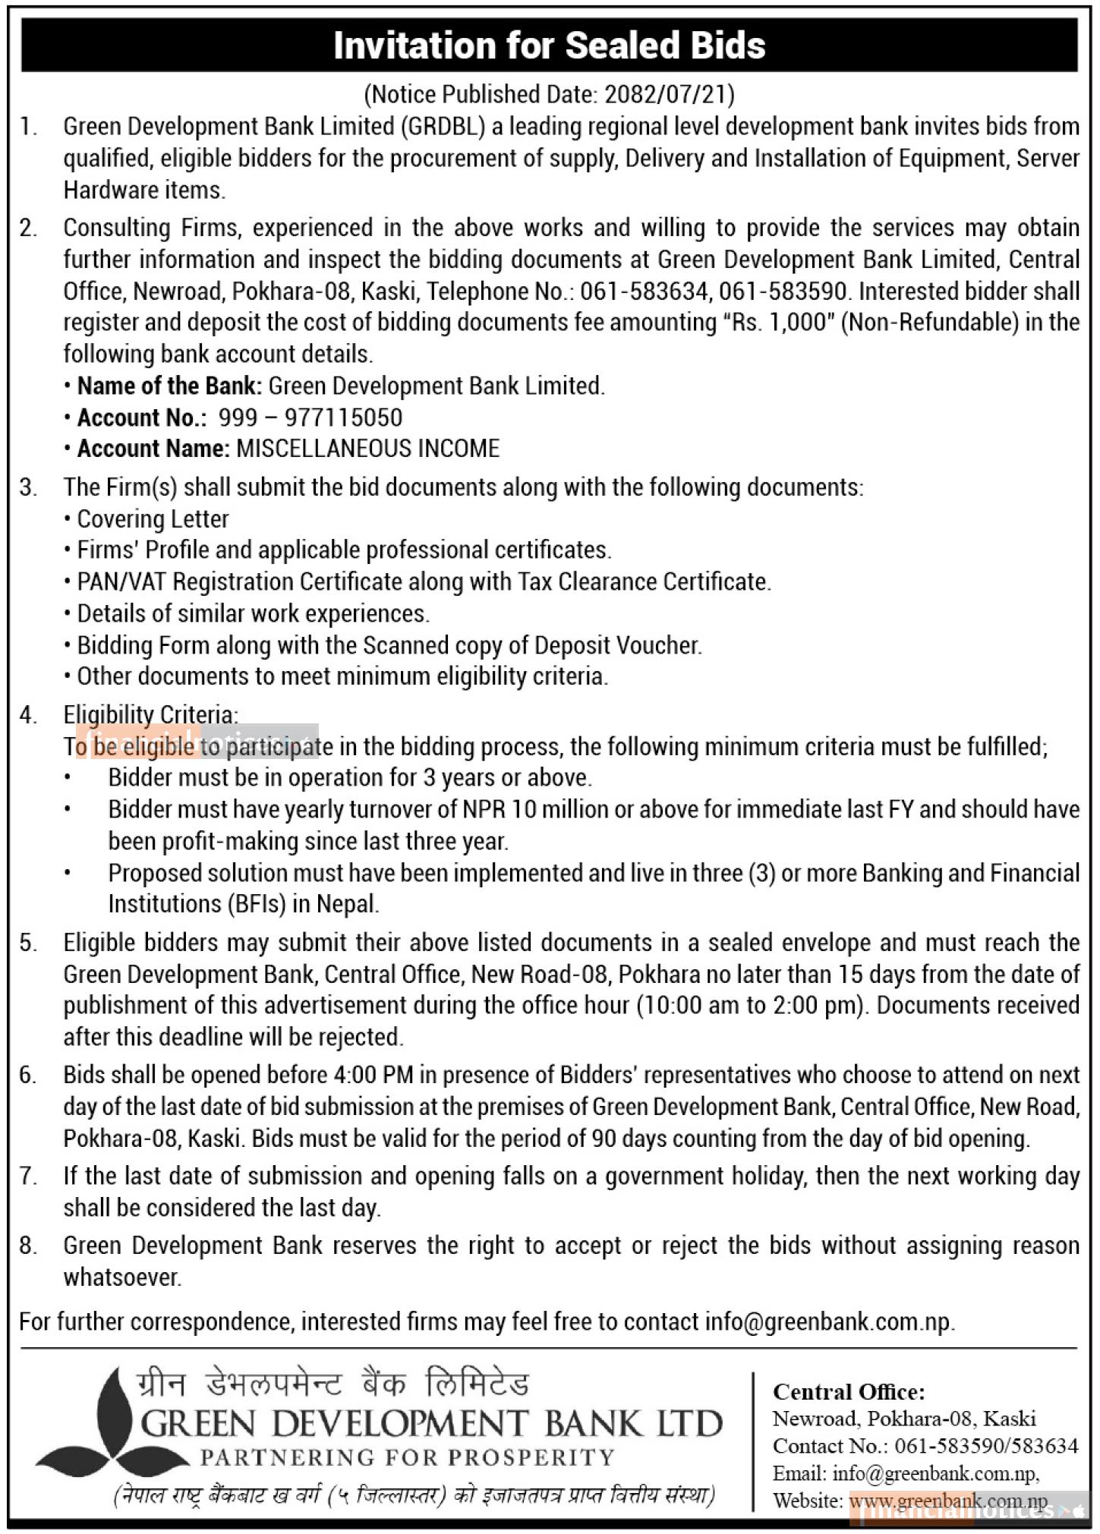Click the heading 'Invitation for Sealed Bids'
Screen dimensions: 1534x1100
pyautogui.click(x=549, y=46)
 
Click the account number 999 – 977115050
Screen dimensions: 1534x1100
pyautogui.click(x=310, y=417)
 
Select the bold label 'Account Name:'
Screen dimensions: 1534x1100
pyautogui.click(x=153, y=449)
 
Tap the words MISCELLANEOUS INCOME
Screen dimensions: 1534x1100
pyautogui.click(x=368, y=449)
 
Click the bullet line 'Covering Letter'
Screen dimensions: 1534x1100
pyautogui.click(x=153, y=519)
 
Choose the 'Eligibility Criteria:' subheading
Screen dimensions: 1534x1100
pyautogui.click(x=150, y=714)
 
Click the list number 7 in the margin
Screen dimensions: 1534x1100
pyautogui.click(x=27, y=1176)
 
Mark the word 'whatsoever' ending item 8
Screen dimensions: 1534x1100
pyautogui.click(x=121, y=1277)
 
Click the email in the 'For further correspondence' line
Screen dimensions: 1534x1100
pyautogui.click(x=827, y=1321)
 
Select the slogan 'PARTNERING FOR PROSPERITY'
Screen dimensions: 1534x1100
pyautogui.click(x=406, y=1457)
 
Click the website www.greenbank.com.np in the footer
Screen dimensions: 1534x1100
pyautogui.click(x=948, y=1501)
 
